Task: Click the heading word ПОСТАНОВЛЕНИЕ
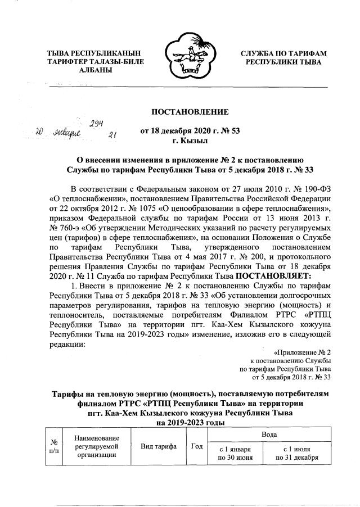click(x=190, y=110)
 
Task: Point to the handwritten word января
click(x=66, y=133)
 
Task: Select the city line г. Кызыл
click(x=190, y=140)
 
